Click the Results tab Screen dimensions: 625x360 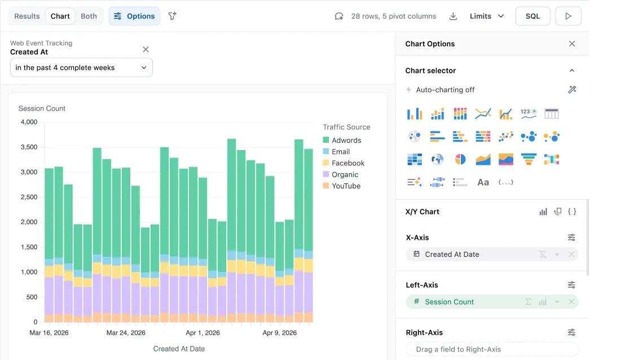[x=27, y=16]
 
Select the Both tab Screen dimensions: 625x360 [x=89, y=16]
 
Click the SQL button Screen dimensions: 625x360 [x=532, y=16]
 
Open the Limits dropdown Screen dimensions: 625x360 [x=487, y=16]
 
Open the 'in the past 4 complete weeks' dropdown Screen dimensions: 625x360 [x=81, y=68]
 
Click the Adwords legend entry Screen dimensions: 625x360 [x=342, y=141]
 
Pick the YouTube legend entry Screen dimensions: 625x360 [x=342, y=186]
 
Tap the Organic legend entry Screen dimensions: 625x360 [x=340, y=174]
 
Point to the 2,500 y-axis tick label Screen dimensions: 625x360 [x=29, y=197]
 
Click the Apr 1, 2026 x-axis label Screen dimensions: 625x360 [x=203, y=333]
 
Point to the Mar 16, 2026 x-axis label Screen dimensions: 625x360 [x=49, y=333]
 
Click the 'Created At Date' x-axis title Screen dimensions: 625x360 [x=179, y=349]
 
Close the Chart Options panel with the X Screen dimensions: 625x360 [x=572, y=44]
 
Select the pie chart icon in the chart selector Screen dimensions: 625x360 [x=460, y=160]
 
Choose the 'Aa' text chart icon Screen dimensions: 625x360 [x=483, y=183]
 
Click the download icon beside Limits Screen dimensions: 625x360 [x=453, y=16]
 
